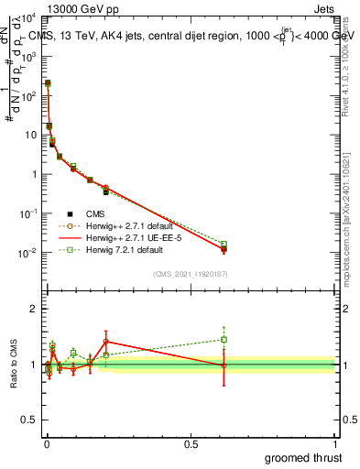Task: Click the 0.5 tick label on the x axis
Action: pos(191,443)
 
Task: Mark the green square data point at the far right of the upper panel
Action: pos(224,245)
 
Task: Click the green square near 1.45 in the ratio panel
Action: pos(224,339)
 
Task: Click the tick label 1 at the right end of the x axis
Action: pos(335,443)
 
